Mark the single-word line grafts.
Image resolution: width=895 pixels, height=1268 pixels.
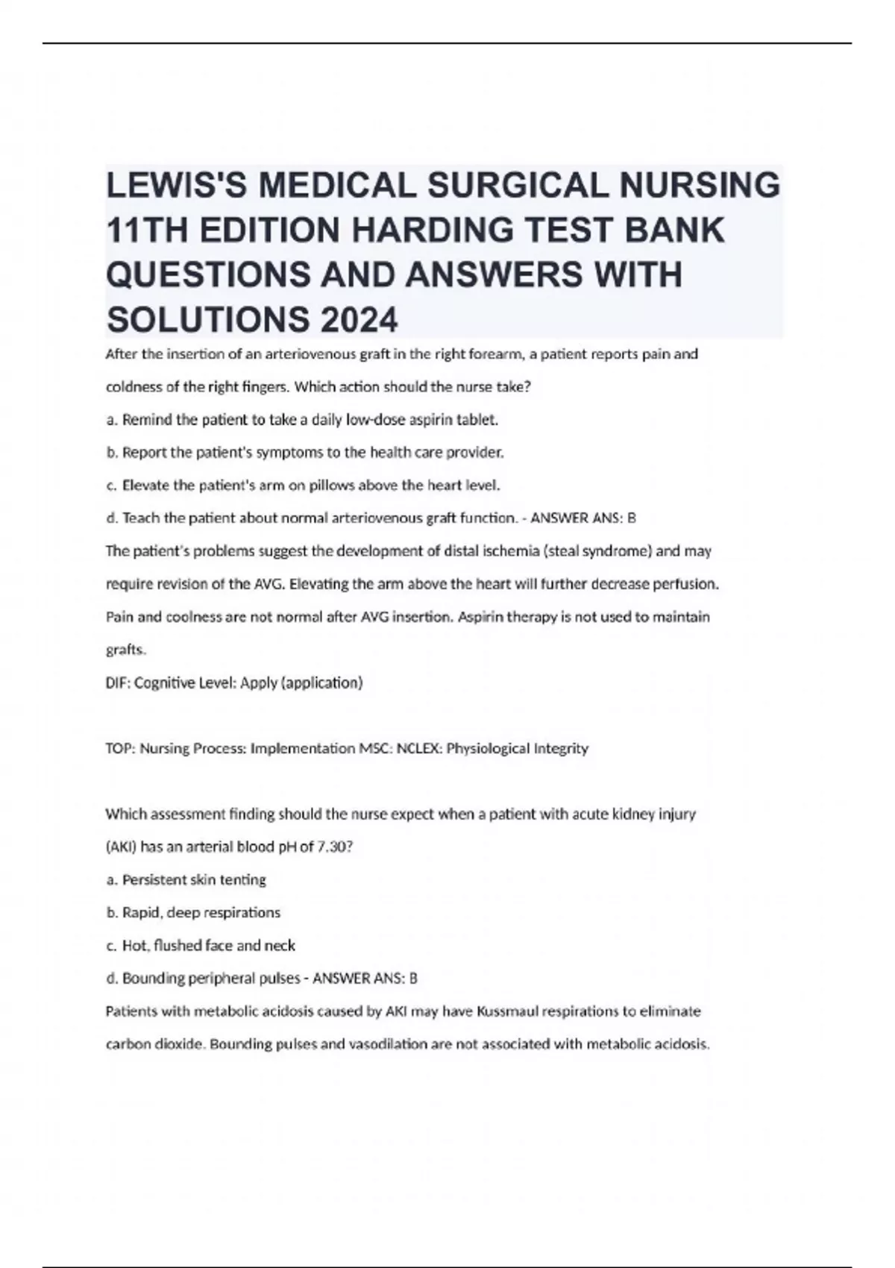pyautogui.click(x=126, y=650)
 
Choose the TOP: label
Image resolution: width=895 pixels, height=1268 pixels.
pyautogui.click(x=120, y=748)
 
